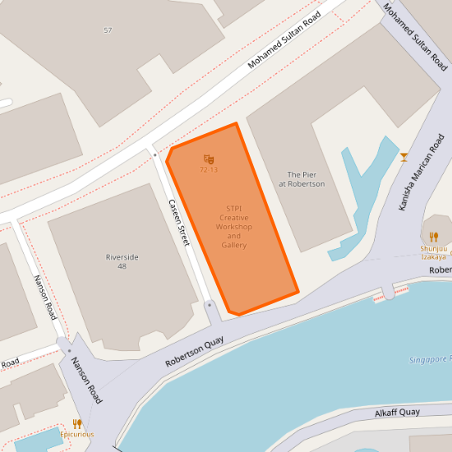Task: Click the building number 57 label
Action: point(108,30)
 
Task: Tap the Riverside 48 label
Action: point(122,261)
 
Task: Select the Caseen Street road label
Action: point(179,223)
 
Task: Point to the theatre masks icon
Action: point(209,159)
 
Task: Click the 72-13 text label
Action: point(209,169)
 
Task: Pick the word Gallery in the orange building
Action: point(234,245)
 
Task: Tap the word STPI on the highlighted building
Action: point(234,208)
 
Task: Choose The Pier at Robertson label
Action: point(302,179)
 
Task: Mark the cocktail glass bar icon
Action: point(404,156)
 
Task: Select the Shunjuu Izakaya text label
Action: point(434,251)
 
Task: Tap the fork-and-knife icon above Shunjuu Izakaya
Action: point(434,237)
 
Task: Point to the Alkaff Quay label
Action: point(397,413)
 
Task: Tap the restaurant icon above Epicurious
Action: point(77,423)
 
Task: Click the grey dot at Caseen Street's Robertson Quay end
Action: point(210,305)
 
